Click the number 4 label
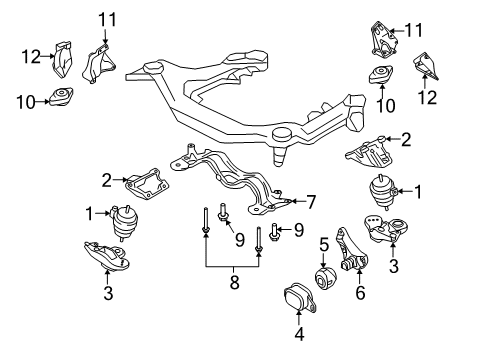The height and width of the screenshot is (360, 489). (x=299, y=334)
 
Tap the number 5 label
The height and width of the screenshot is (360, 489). (x=324, y=245)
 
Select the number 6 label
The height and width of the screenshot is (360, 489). (x=360, y=292)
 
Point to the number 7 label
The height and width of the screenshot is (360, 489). (x=311, y=202)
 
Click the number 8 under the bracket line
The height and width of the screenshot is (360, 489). (x=234, y=282)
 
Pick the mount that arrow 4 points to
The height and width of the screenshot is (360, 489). (x=300, y=298)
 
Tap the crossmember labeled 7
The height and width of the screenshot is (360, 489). (x=231, y=181)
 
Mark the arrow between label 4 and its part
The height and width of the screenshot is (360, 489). (x=299, y=317)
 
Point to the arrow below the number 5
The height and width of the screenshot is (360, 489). (x=324, y=260)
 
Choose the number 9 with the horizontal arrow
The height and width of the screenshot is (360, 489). (x=299, y=230)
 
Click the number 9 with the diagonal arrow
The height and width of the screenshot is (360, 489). (x=240, y=240)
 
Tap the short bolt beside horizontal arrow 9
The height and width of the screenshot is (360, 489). (x=273, y=233)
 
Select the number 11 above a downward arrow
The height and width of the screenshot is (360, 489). (x=107, y=20)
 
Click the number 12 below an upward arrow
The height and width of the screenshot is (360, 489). (x=427, y=98)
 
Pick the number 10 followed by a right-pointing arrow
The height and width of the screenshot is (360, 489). (x=26, y=102)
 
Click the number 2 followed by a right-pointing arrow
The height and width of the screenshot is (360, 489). (x=106, y=181)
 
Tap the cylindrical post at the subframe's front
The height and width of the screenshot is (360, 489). (x=281, y=146)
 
